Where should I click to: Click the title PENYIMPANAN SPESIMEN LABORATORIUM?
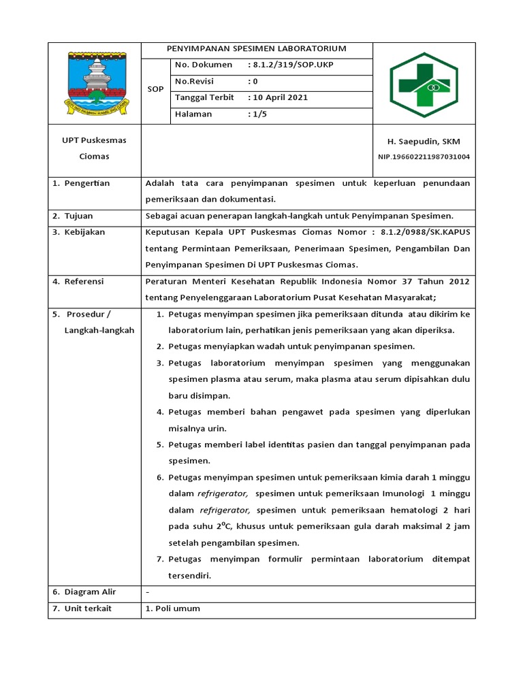tap(257, 49)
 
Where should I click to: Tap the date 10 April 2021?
tap(280, 97)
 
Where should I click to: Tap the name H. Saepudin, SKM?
tap(424, 142)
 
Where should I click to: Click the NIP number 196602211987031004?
tap(424, 157)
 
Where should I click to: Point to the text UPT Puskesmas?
tap(89, 140)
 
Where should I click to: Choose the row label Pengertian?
tap(86, 183)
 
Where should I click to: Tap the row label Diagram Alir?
tap(90, 591)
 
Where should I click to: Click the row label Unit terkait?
tap(89, 608)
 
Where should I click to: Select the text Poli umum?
tap(177, 608)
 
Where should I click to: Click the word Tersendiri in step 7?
tap(190, 575)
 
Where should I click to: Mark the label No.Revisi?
tap(195, 81)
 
